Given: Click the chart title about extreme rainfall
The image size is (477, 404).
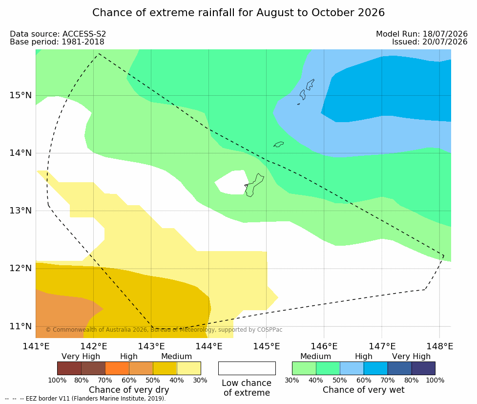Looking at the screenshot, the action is pyautogui.click(x=238, y=13).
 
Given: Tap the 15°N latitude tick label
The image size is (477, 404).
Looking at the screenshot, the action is pyautogui.click(x=21, y=95).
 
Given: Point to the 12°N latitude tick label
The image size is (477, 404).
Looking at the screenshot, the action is pyautogui.click(x=21, y=268).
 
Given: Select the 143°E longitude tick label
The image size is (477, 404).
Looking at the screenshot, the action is pyautogui.click(x=151, y=346).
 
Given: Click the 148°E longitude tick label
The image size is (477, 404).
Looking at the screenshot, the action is pyautogui.click(x=439, y=346).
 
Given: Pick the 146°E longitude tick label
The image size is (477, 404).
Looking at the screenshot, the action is pyautogui.click(x=324, y=346).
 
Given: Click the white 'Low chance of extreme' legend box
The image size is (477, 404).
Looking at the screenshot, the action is pyautogui.click(x=247, y=368).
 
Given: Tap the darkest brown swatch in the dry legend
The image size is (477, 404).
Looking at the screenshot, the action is pyautogui.click(x=69, y=368).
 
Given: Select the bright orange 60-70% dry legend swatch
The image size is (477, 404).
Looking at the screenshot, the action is pyautogui.click(x=117, y=368).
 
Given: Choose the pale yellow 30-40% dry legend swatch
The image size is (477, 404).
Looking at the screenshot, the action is pyautogui.click(x=189, y=368).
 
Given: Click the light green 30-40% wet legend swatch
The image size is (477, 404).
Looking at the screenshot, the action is pyautogui.click(x=304, y=368).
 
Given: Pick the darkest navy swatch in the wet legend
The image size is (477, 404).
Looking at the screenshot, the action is pyautogui.click(x=423, y=368).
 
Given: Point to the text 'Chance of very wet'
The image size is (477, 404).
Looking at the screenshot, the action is pyautogui.click(x=364, y=390).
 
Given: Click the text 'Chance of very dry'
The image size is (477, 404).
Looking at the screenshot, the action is pyautogui.click(x=129, y=390).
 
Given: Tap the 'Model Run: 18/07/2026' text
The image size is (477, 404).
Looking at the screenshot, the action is pyautogui.click(x=422, y=34).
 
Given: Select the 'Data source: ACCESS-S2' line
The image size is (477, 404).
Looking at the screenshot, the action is pyautogui.click(x=58, y=34).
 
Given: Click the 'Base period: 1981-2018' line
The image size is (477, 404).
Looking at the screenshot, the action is pyautogui.click(x=57, y=42).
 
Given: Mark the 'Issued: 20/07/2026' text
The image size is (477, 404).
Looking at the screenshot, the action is pyautogui.click(x=430, y=42).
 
